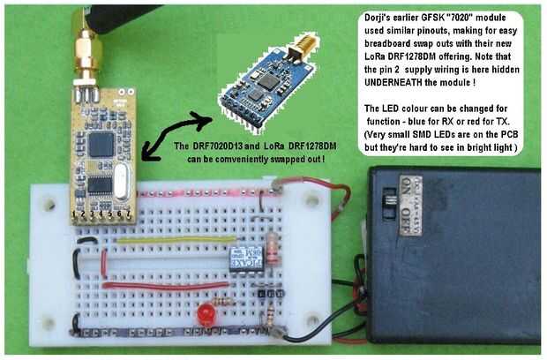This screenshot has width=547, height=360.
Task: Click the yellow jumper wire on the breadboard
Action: click(x=164, y=238)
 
